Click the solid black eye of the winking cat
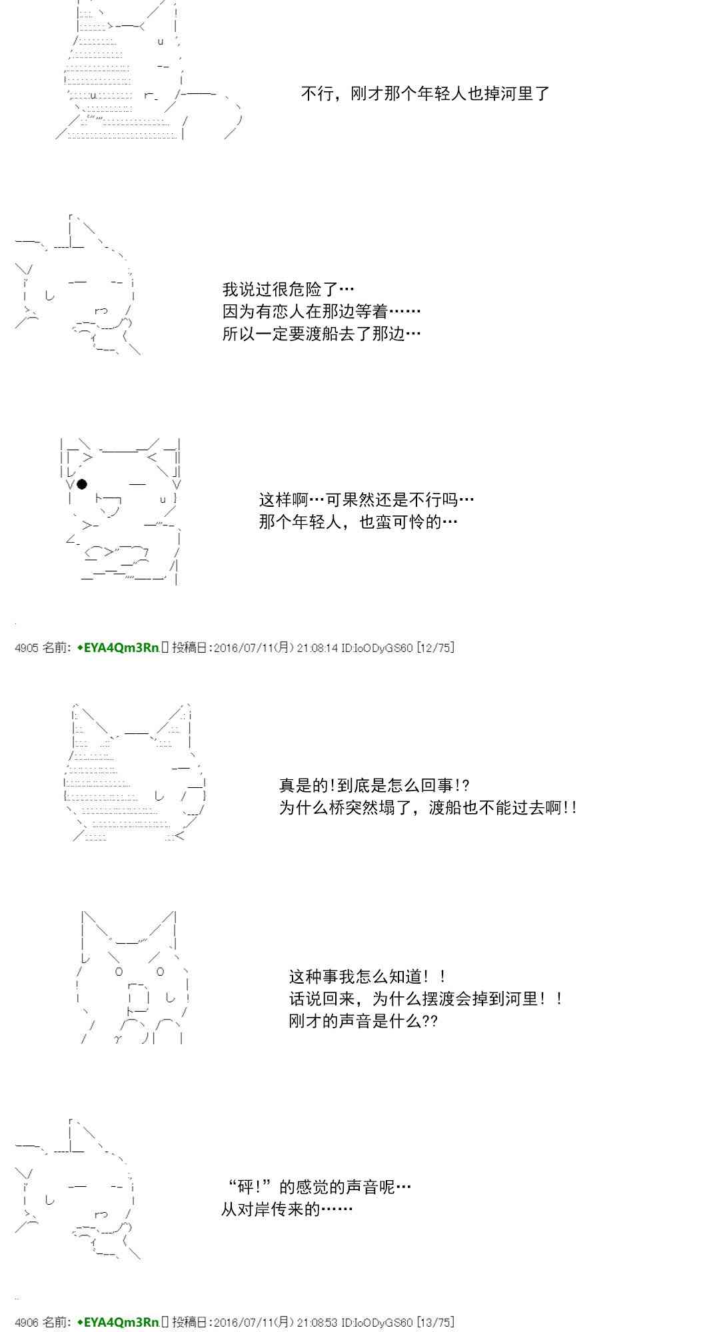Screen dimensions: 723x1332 click(x=82, y=484)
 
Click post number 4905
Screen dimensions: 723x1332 click(x=27, y=647)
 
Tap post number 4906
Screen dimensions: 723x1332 click(x=27, y=1322)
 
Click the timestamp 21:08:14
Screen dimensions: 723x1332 click(x=317, y=647)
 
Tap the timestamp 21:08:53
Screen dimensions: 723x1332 click(x=317, y=1322)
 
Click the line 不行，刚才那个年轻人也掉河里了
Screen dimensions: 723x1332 click(x=426, y=93)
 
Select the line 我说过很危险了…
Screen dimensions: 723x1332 click(x=289, y=290)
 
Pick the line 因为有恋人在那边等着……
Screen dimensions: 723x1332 click(x=322, y=312)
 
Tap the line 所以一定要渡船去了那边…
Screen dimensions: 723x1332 click(x=322, y=334)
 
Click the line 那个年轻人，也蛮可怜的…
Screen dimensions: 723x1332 click(x=359, y=521)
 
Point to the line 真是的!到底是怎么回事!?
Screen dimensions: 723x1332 click(x=374, y=786)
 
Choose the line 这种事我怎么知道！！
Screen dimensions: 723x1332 click(x=368, y=977)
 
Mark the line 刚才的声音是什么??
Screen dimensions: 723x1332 click(x=363, y=1021)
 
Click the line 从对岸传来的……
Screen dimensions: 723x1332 click(x=287, y=1209)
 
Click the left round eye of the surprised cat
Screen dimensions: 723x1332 click(x=119, y=972)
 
